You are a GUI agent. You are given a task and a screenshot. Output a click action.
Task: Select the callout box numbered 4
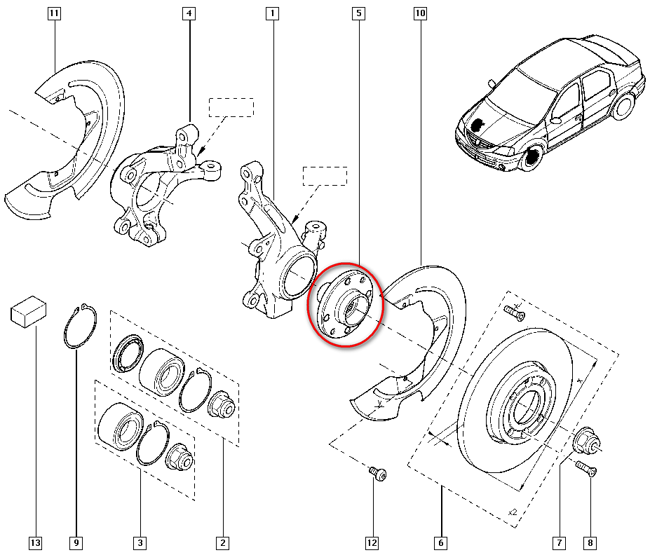click(189, 13)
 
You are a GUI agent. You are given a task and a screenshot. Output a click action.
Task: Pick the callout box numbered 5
click(359, 13)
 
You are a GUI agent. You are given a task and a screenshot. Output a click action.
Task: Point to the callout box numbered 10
click(420, 13)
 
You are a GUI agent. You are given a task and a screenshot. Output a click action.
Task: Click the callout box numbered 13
click(35, 542)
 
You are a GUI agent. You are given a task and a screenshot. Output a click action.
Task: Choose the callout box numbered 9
click(76, 542)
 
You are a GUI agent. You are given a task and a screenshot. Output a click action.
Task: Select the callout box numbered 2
click(222, 542)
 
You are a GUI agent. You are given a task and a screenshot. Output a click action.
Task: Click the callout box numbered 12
click(372, 542)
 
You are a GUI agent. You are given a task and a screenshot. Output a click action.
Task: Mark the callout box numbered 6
click(441, 542)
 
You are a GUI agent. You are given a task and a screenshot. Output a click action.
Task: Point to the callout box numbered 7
click(559, 542)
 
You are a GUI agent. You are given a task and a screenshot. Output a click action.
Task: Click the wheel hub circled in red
click(345, 306)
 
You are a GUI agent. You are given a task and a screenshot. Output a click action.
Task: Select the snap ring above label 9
click(76, 328)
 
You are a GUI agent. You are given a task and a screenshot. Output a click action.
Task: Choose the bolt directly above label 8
click(586, 468)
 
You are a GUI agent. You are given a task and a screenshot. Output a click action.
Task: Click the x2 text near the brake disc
click(512, 512)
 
